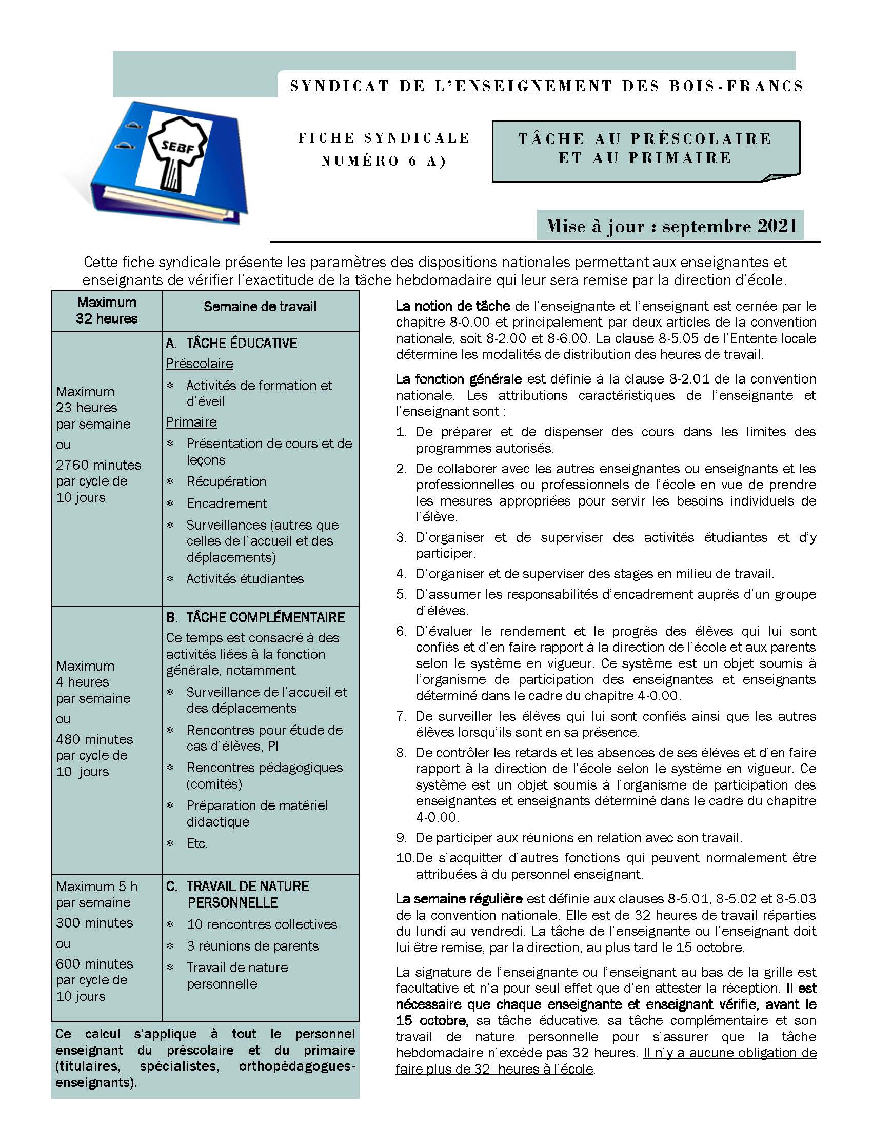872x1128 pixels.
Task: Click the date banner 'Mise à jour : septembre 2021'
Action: (x=670, y=226)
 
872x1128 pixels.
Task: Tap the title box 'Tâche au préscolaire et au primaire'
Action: (x=645, y=149)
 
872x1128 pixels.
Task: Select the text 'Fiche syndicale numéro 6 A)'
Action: (x=384, y=149)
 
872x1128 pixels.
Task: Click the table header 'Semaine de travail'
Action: (x=260, y=307)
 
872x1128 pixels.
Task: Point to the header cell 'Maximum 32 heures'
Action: (x=106, y=310)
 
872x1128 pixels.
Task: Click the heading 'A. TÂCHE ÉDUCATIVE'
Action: (x=231, y=344)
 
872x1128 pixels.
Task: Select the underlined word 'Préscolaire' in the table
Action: (x=200, y=364)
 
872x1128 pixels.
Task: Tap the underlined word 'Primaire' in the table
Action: (x=191, y=422)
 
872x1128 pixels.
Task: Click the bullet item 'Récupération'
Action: (x=226, y=481)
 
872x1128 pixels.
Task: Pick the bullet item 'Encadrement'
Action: (x=227, y=503)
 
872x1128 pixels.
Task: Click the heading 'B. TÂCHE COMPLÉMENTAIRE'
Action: (x=255, y=618)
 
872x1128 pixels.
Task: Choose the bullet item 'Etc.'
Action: (x=197, y=843)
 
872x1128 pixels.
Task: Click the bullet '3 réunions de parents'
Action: (x=252, y=945)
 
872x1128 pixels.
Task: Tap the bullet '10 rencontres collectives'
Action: (x=262, y=924)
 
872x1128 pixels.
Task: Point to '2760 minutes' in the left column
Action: (x=98, y=465)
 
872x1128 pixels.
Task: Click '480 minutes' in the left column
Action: (x=94, y=739)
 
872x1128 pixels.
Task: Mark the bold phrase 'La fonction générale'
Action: (x=459, y=379)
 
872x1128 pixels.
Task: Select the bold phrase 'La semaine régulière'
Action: (x=459, y=899)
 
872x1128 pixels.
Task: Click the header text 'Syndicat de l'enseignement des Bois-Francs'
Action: (x=547, y=86)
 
